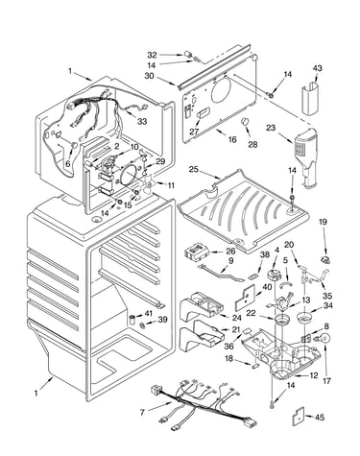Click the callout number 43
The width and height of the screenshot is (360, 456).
pyautogui.click(x=318, y=68)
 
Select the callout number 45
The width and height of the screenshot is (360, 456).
pyautogui.click(x=320, y=418)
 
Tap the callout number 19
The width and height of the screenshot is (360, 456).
pyautogui.click(x=323, y=222)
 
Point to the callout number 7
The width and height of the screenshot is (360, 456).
pyautogui.click(x=142, y=413)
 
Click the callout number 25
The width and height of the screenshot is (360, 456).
pyautogui.click(x=194, y=169)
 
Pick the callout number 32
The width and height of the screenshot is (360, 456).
pyautogui.click(x=153, y=55)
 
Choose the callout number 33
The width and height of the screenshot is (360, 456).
pyautogui.click(x=142, y=121)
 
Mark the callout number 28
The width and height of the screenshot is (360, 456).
pyautogui.click(x=252, y=144)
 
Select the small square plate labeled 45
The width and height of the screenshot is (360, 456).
pyautogui.click(x=298, y=417)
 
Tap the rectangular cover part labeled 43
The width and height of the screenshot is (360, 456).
pyautogui.click(x=310, y=98)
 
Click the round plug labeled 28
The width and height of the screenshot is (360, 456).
pyautogui.click(x=245, y=122)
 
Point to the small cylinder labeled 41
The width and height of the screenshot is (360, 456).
pyautogui.click(x=132, y=319)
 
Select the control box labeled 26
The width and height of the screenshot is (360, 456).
pyautogui.click(x=197, y=252)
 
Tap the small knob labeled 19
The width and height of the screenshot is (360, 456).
pyautogui.click(x=325, y=260)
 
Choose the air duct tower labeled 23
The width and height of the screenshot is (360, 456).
pyautogui.click(x=305, y=156)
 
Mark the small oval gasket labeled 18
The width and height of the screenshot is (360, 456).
pyautogui.click(x=255, y=366)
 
